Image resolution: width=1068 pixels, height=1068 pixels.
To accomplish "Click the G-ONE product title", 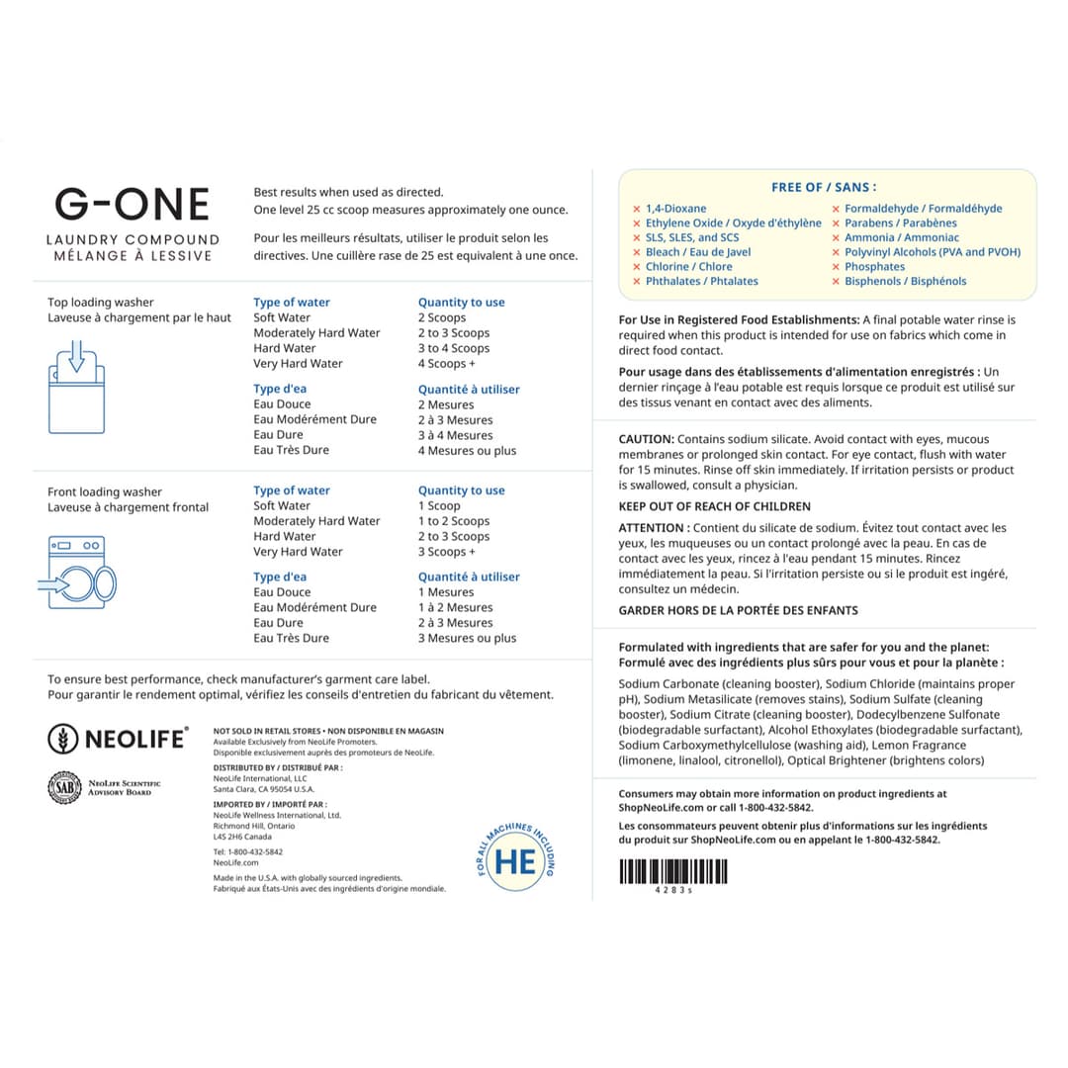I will tap(133, 204).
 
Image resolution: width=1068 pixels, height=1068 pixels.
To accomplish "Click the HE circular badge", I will tap(515, 860).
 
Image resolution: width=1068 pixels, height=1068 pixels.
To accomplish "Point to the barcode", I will tap(672, 871).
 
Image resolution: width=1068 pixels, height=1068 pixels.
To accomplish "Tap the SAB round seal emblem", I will tap(62, 787).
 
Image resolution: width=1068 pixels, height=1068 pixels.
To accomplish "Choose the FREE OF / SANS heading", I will tap(824, 187).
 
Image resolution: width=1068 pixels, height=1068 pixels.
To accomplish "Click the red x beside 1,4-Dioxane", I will tap(637, 209).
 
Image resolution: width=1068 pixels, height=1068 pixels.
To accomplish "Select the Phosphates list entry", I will tap(874, 267).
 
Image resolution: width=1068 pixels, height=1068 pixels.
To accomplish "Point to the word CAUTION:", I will tap(647, 439).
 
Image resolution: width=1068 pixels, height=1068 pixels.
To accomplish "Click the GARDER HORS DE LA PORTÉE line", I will tap(738, 610).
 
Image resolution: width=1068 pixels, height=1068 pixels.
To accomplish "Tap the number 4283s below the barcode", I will tap(673, 891).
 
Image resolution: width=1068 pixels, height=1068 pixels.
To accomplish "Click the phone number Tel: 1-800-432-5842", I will tap(248, 851).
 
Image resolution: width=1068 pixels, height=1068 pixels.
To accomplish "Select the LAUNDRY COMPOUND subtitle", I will tap(133, 239).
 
